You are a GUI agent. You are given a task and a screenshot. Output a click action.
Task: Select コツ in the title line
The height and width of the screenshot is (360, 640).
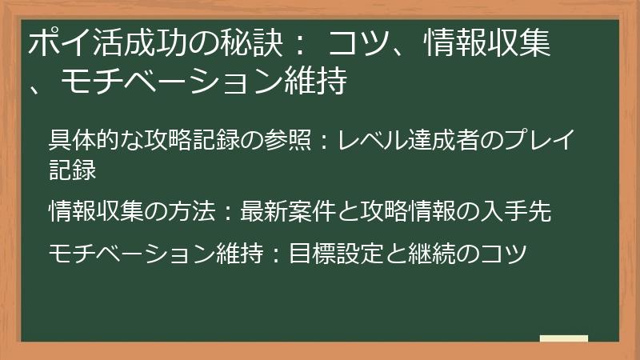pyautogui.click(x=356, y=45)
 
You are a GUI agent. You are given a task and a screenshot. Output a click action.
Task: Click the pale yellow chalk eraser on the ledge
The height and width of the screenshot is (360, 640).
pyautogui.click(x=563, y=338)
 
